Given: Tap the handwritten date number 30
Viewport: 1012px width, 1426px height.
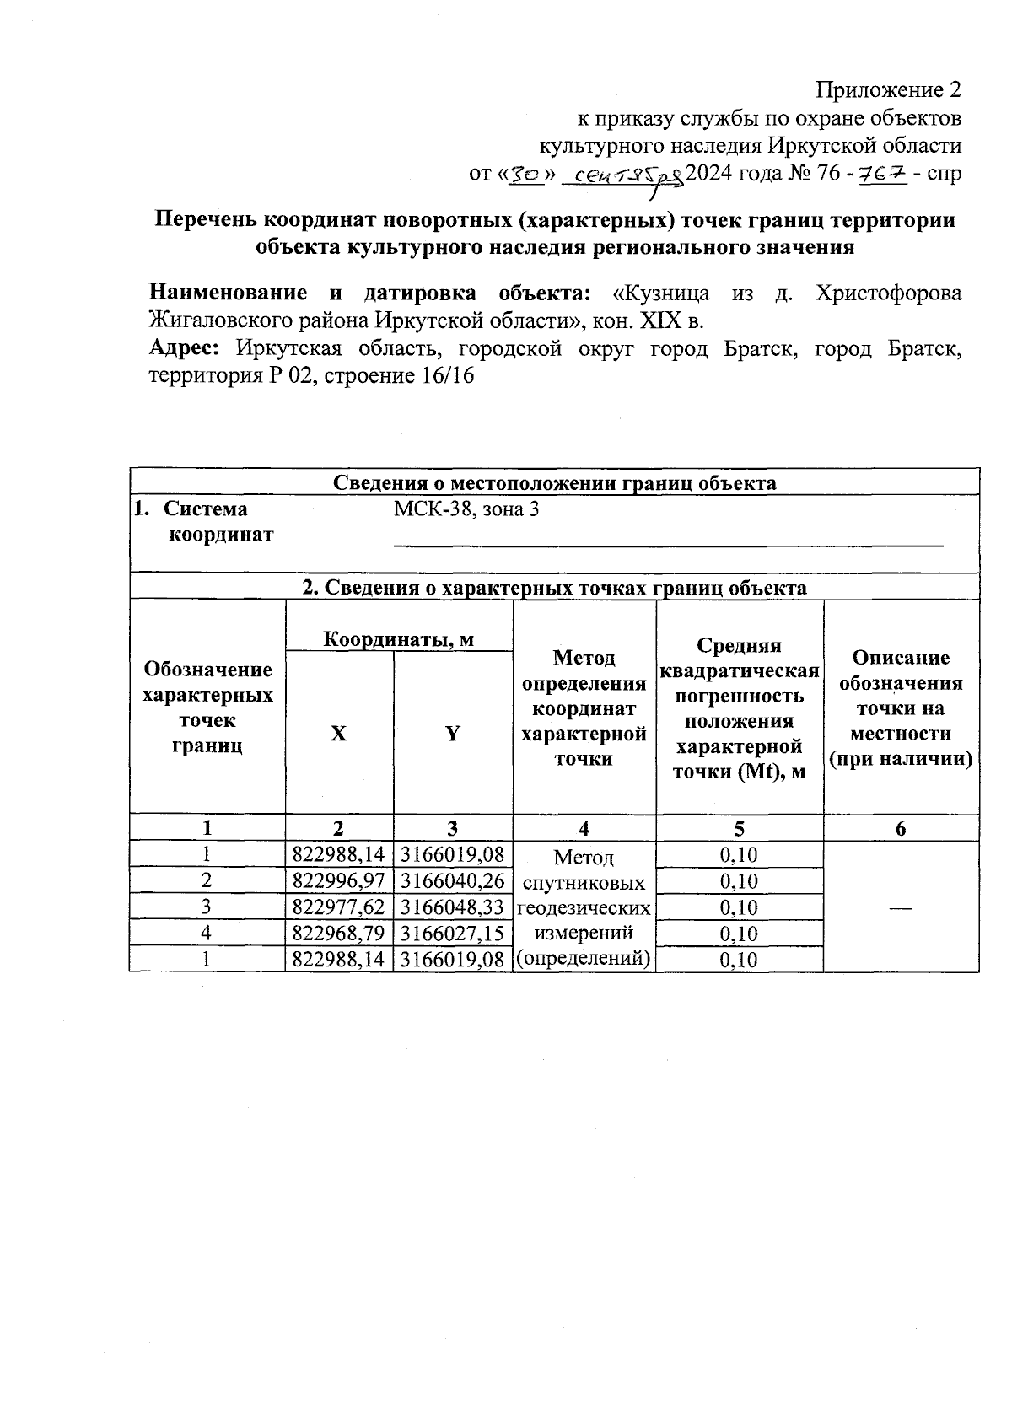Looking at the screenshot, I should coord(527,174).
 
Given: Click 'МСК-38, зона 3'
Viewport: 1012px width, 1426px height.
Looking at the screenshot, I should coord(466,509).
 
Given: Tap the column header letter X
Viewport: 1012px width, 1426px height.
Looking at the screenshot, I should coord(338,734).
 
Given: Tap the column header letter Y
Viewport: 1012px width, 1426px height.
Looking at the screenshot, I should coord(453,734).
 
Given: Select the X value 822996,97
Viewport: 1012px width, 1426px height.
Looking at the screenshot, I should coord(338,881).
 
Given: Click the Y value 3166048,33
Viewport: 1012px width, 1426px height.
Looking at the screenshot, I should coord(452,907).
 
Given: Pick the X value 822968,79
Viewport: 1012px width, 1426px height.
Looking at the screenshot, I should coord(338,934).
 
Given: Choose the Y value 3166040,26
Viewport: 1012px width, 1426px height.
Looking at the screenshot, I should coord(452,881).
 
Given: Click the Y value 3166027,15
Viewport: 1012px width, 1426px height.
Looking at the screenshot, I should coord(452,934).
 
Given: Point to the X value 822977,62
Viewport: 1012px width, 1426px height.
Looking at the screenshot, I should coord(338,907).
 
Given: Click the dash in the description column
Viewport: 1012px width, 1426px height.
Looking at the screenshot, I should coord(900,907).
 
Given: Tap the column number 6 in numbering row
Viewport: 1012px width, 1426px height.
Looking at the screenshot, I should coord(901,829).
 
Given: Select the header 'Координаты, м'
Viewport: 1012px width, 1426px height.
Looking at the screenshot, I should coord(399,639).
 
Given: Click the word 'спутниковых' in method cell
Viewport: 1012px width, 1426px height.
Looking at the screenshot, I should coord(584,883).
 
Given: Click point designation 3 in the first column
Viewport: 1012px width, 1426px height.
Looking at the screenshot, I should coord(207,907).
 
